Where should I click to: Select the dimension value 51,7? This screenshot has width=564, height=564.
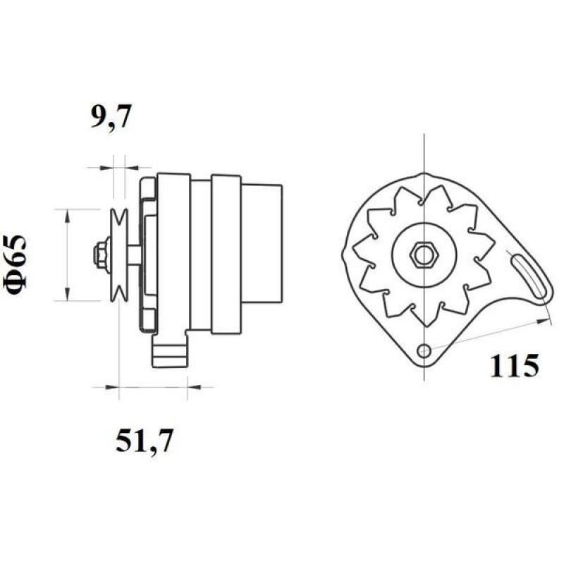143,442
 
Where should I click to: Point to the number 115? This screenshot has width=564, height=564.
514,365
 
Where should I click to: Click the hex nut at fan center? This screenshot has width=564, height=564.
424,255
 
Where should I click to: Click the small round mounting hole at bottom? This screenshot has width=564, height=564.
424,350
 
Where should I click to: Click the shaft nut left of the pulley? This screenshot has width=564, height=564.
101,255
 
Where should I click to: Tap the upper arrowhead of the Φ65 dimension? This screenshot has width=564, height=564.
67,215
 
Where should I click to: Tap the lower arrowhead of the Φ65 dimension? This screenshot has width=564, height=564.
67,295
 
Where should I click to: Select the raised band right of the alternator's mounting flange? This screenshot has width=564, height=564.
226,255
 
